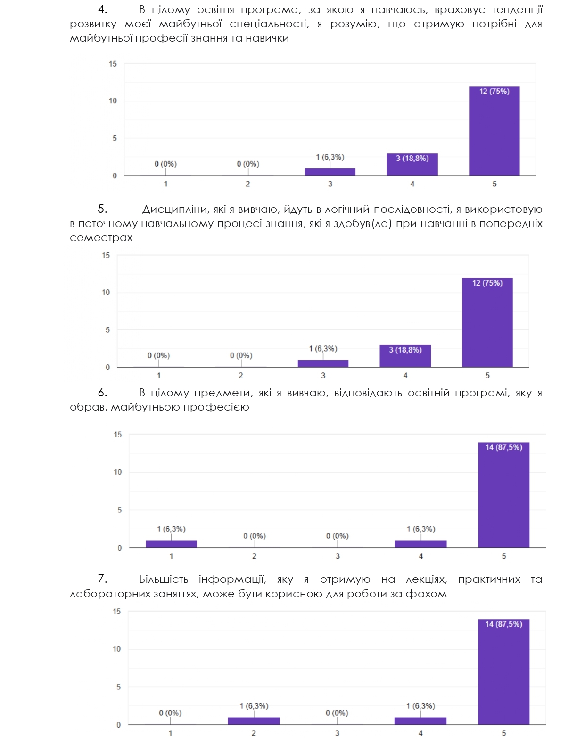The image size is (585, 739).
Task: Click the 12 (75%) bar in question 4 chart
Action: coord(494,132)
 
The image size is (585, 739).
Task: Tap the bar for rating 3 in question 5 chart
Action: coord(323,363)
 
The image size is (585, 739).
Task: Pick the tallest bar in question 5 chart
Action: coord(487,323)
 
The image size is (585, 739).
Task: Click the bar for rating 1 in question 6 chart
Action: coord(171,544)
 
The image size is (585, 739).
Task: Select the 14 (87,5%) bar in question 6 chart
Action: coord(503,495)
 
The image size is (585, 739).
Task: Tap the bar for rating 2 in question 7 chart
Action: coord(254,721)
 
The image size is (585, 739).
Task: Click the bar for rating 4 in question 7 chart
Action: coord(420,721)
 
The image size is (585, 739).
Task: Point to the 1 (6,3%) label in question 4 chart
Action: coord(330,157)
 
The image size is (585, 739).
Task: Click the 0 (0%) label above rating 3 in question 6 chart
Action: coord(338,536)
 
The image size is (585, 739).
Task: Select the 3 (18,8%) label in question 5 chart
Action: coord(405,350)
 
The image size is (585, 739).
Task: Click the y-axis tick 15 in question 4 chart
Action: coord(113,64)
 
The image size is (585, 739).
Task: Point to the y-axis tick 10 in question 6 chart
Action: coord(117,472)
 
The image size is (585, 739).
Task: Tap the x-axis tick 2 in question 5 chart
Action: coord(241,376)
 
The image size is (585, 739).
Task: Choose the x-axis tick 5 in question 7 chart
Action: coord(503,733)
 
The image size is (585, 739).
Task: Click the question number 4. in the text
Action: coord(102,9)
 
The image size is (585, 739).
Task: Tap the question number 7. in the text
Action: coord(102,579)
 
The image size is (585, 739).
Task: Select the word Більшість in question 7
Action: coord(164,579)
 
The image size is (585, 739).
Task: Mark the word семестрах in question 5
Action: coord(101,238)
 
